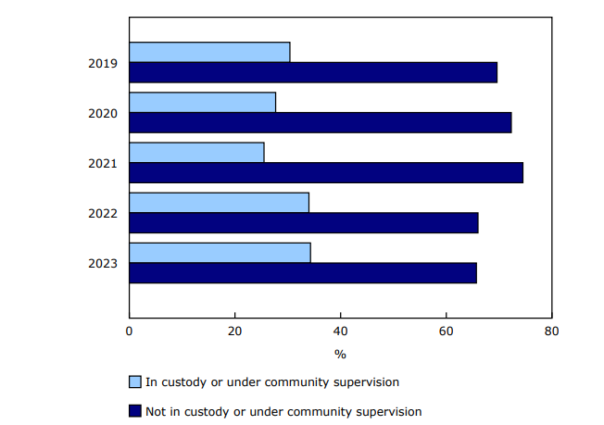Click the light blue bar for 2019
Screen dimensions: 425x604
[x=209, y=52]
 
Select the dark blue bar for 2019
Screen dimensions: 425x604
[x=313, y=72]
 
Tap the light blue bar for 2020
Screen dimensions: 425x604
[x=202, y=102]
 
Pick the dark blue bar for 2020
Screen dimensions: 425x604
[x=321, y=122]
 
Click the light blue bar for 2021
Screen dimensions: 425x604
[x=196, y=152]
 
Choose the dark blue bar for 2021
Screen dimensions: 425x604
[x=326, y=172]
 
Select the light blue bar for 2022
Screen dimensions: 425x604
[x=219, y=202]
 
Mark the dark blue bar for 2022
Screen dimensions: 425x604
[x=304, y=222]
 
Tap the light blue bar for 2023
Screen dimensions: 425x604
[x=220, y=252]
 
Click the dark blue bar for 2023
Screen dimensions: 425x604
[x=303, y=272]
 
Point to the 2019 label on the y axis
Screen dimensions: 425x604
[x=103, y=63]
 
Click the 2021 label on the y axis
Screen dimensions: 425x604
[x=103, y=163]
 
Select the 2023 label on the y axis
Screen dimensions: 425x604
[x=103, y=263]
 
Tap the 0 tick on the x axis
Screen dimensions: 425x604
[x=130, y=331]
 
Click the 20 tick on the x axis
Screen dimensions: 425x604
[x=235, y=331]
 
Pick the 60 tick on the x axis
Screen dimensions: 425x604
[x=447, y=331]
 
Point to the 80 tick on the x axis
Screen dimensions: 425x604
[x=551, y=331]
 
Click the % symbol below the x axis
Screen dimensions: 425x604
[x=340, y=354]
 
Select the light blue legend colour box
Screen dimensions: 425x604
[x=135, y=381]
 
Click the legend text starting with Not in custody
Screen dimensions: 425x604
[x=283, y=411]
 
